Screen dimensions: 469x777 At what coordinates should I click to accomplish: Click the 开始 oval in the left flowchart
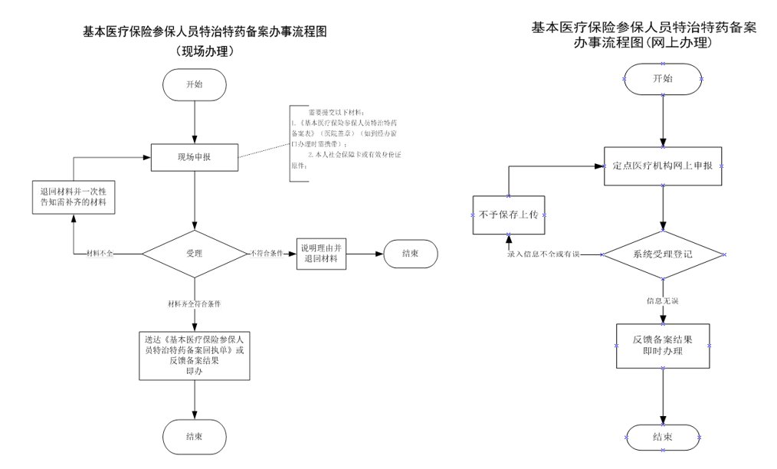pyautogui.click(x=195, y=84)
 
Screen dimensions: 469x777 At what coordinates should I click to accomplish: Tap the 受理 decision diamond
pyautogui.click(x=195, y=252)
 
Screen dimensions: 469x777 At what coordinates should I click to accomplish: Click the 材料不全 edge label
pyautogui.click(x=100, y=253)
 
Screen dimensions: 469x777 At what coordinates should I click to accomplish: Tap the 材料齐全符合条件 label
pyautogui.click(x=195, y=304)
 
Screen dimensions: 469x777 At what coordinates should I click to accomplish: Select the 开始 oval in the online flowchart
pyautogui.click(x=663, y=79)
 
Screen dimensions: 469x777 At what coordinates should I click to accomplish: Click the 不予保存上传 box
pyautogui.click(x=508, y=215)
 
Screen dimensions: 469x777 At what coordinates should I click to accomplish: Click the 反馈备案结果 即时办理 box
pyautogui.click(x=663, y=345)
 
